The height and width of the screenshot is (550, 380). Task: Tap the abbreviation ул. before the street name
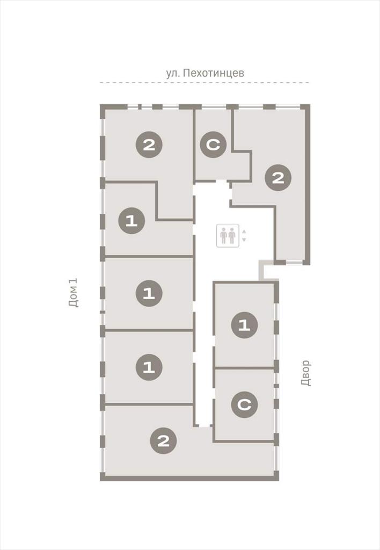(172, 73)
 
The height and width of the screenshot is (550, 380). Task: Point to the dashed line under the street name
(204, 83)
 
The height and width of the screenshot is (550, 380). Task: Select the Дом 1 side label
(74, 293)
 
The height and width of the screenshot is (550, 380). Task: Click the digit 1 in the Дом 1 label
(74, 280)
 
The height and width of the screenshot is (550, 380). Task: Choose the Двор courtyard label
(306, 373)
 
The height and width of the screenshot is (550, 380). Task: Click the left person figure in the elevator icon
(224, 236)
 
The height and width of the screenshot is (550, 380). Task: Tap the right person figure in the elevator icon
(232, 236)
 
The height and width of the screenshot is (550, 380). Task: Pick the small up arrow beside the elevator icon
(244, 231)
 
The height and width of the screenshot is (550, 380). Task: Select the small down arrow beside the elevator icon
(244, 240)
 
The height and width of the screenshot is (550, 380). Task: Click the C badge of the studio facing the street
(213, 144)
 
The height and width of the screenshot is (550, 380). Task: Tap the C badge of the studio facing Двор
(244, 404)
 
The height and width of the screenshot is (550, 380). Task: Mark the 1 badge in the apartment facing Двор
(244, 325)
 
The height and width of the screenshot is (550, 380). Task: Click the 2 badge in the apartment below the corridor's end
(163, 440)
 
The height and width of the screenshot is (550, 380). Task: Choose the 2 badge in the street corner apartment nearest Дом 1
(149, 144)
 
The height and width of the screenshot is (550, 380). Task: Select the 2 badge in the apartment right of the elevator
(278, 178)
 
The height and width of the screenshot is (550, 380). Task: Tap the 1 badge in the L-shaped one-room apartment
(131, 221)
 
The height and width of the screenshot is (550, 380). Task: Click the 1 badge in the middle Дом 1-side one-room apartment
(149, 293)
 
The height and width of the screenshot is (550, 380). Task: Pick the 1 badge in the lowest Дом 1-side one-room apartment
(149, 367)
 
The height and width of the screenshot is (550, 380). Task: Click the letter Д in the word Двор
(306, 382)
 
